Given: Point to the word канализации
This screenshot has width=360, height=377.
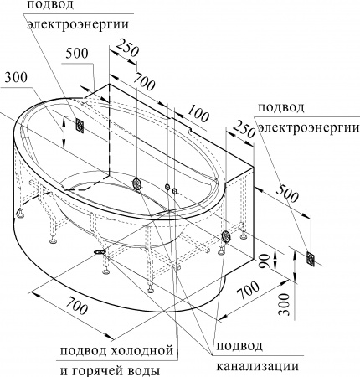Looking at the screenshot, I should (257, 365).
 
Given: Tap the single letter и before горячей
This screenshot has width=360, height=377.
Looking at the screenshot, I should (63, 368).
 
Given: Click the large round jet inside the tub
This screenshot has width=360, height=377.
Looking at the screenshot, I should (137, 183).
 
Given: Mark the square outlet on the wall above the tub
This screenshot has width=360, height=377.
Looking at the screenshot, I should (80, 126).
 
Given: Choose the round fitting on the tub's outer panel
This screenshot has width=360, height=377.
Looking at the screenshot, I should (225, 237).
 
